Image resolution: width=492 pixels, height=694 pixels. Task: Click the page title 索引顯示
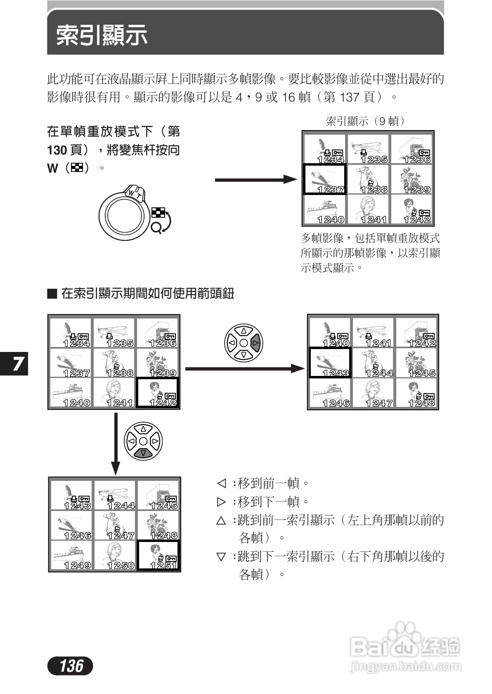click(x=102, y=35)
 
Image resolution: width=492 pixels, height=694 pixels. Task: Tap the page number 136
click(x=71, y=665)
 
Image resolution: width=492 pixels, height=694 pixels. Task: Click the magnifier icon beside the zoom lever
click(x=156, y=227)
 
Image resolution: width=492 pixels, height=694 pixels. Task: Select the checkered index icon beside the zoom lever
click(x=158, y=213)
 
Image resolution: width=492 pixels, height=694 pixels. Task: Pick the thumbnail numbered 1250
click(x=115, y=555)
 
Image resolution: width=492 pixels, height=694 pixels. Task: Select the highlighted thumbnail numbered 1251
click(x=158, y=555)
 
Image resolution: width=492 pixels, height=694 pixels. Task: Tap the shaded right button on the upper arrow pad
click(x=255, y=342)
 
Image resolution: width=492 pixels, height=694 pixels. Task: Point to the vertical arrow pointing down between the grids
click(x=116, y=444)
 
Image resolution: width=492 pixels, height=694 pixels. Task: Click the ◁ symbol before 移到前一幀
click(x=222, y=483)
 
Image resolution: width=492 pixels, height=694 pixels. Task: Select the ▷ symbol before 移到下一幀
click(x=222, y=501)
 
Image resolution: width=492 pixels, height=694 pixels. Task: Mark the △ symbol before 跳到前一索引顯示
click(x=222, y=520)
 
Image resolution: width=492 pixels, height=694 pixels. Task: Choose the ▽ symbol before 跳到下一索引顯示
click(x=222, y=557)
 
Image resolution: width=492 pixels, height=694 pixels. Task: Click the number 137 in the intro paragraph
click(x=349, y=97)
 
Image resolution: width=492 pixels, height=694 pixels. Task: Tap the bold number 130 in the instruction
click(x=57, y=150)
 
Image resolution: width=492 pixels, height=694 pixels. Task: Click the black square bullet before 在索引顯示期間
click(x=52, y=294)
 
